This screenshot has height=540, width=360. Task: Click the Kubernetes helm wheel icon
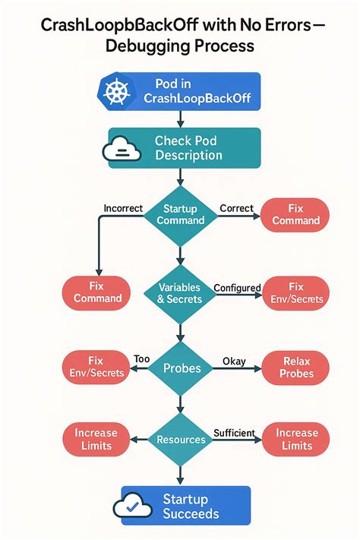pos(115,92)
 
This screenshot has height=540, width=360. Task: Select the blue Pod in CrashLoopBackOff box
pos(180,91)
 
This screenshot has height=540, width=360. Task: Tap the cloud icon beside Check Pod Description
pos(123,147)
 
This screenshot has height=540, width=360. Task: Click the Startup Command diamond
pos(180,215)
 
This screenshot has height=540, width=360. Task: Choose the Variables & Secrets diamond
pos(180,293)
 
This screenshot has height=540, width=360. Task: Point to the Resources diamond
pos(180,440)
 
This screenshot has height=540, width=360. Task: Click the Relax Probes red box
pos(295,368)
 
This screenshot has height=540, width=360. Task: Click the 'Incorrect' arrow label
pos(123,207)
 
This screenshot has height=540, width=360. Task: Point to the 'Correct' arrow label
pos(236,207)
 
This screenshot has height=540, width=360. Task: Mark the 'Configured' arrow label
pos(238,288)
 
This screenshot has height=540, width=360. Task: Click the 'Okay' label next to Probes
pos(234,362)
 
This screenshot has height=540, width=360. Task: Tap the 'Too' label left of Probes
pos(141,358)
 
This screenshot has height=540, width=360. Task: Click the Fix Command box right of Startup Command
pos(295,215)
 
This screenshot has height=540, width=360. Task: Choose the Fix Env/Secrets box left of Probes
pos(94,367)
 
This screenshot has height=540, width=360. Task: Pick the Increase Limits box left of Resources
pos(96,440)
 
